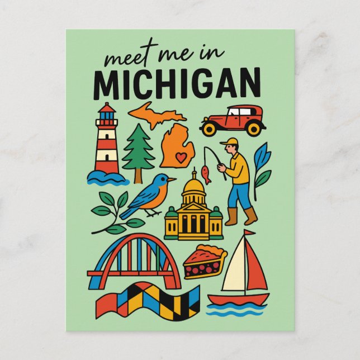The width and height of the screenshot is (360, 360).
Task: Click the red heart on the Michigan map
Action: click(x=180, y=158)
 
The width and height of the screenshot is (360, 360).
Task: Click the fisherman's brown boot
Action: click(x=250, y=216)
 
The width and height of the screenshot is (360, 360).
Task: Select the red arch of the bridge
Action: click(x=135, y=240)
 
